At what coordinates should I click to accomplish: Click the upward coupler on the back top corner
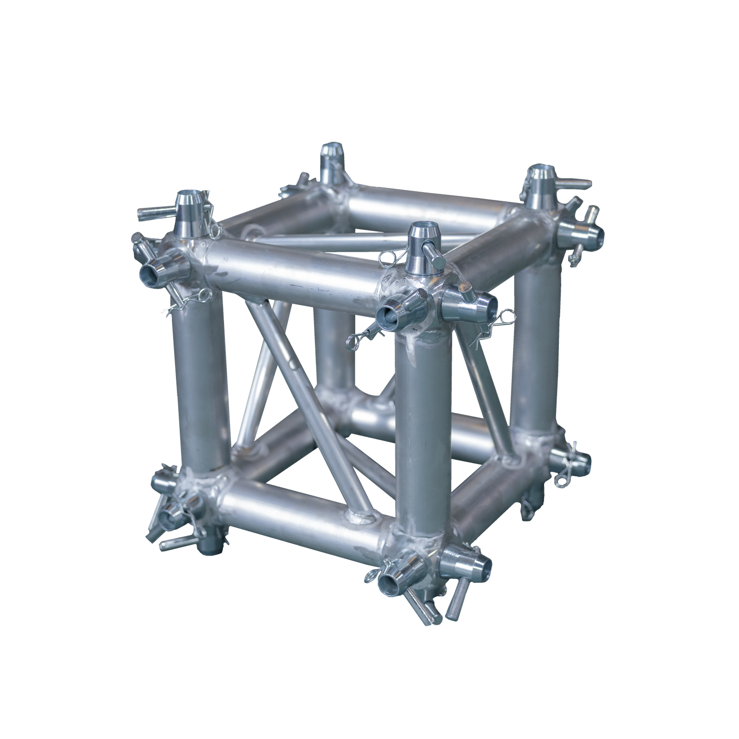pos(330,157)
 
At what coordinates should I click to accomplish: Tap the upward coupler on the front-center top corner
pos(421,240)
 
